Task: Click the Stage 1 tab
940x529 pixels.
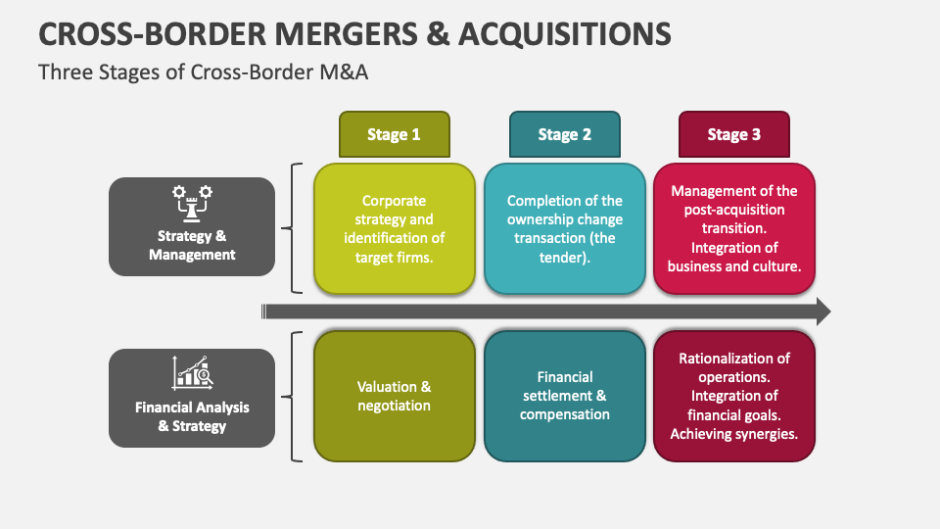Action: tap(394, 134)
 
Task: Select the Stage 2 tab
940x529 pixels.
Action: tap(564, 134)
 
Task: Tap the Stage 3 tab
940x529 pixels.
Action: tap(734, 134)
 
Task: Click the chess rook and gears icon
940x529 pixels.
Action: tap(192, 202)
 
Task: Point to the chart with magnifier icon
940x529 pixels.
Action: tap(192, 372)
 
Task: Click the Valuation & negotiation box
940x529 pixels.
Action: tap(394, 396)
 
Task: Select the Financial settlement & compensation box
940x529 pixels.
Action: tap(565, 396)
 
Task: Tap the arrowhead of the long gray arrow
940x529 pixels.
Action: tap(822, 313)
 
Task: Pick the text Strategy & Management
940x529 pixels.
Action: tap(192, 245)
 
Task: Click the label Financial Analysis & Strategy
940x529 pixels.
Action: tap(192, 416)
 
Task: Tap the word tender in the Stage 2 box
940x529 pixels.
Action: tap(565, 257)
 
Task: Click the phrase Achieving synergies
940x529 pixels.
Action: tap(734, 433)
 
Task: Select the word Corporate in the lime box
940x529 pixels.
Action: tap(394, 201)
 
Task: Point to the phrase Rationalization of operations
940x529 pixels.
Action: tap(734, 367)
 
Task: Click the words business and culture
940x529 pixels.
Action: tap(734, 265)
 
